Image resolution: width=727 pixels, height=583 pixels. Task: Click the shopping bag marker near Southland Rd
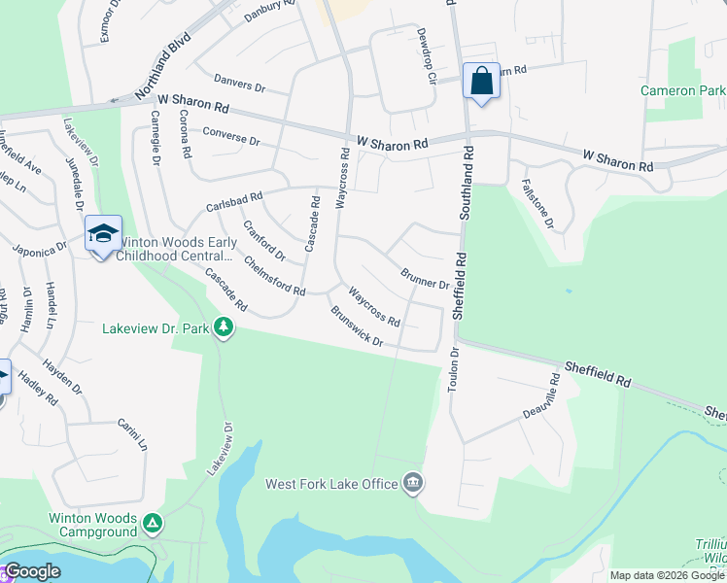(482, 82)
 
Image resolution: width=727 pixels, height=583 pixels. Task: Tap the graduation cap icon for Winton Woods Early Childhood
(103, 234)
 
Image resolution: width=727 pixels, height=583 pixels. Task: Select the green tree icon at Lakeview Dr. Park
(225, 328)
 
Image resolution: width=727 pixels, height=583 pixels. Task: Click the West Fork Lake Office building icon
(413, 483)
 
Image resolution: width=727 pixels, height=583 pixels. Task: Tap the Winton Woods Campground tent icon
(152, 525)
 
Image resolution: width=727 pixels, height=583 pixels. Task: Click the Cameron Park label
(683, 90)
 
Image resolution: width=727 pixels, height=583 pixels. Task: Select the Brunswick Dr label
(357, 328)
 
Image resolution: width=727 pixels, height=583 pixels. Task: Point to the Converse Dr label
(231, 135)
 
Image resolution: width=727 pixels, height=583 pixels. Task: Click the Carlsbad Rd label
(234, 202)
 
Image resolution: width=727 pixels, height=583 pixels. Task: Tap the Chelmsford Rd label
(275, 276)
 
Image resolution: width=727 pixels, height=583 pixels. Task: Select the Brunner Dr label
(424, 278)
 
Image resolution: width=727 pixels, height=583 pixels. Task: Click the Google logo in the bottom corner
(32, 571)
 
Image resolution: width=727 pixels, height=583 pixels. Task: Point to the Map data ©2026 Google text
(667, 575)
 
